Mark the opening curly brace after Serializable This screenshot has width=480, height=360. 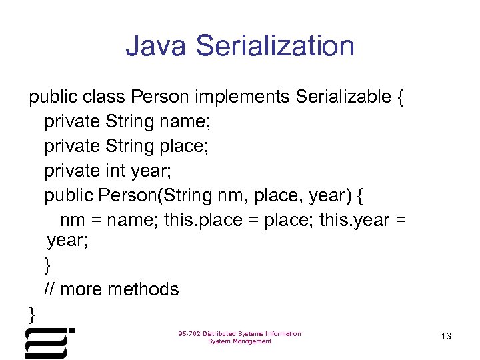(x=400, y=98)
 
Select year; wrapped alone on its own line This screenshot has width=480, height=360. (x=67, y=241)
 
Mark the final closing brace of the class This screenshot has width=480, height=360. (x=32, y=313)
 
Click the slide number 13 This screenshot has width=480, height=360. (x=446, y=337)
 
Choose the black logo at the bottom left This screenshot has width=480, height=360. (x=49, y=342)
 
